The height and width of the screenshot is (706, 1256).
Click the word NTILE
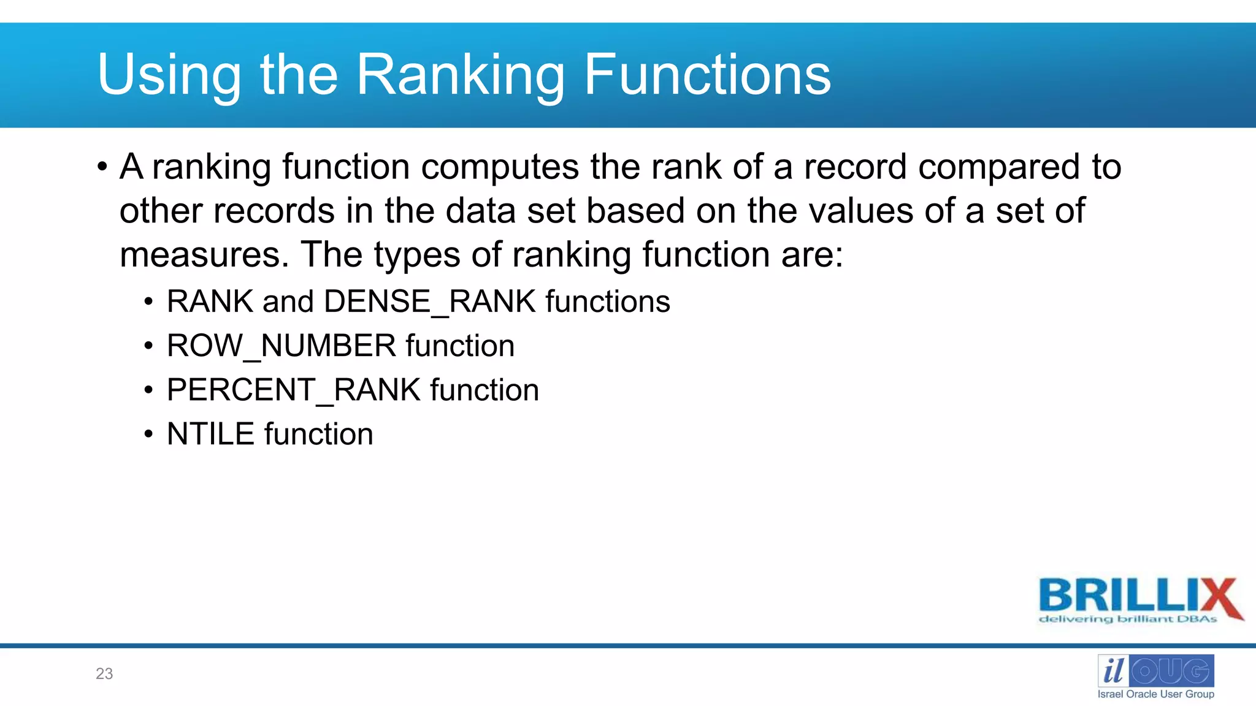coord(210,435)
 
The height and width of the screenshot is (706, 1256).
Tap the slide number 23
coord(104,674)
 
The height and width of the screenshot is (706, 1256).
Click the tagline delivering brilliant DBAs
coord(1127,619)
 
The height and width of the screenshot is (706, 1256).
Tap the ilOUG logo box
coord(1155,671)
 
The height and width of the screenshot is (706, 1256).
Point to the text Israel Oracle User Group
coord(1155,694)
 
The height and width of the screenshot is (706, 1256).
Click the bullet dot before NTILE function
coord(148,435)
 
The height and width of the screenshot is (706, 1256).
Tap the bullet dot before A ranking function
coord(102,167)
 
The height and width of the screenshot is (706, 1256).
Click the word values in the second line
coord(861,211)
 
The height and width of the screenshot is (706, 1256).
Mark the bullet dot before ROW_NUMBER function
coord(148,346)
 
